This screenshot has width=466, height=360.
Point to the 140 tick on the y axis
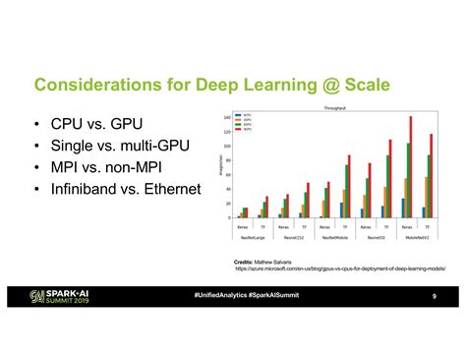(229, 117)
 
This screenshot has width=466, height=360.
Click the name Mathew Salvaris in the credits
(271, 261)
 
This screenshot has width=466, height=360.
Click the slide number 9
(433, 297)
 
